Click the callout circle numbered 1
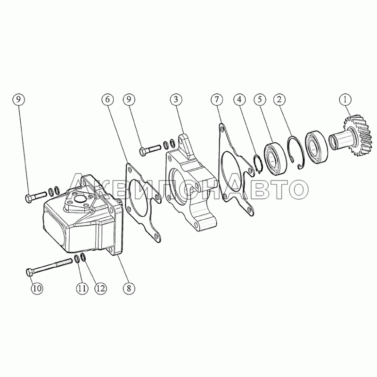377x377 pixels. (x=345, y=99)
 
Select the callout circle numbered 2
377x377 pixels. (x=279, y=99)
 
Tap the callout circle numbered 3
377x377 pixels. (x=176, y=99)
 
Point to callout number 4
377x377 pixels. (x=239, y=99)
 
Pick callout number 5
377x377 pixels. (x=260, y=99)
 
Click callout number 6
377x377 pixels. (x=108, y=99)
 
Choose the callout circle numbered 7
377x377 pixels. (x=217, y=99)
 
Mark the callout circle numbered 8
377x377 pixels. (x=129, y=288)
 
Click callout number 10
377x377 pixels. (x=37, y=288)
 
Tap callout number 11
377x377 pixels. (x=82, y=288)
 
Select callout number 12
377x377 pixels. (x=100, y=288)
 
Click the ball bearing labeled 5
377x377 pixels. (x=276, y=158)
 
